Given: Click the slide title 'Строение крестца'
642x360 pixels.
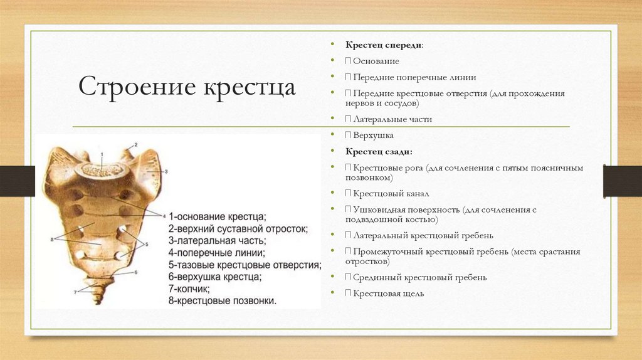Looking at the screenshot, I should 187,87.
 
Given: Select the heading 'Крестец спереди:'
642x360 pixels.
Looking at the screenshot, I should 384,45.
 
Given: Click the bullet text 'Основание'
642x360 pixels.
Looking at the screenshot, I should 376,61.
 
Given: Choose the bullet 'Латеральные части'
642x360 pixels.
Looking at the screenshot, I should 392,119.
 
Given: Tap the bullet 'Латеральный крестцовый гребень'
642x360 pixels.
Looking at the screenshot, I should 423,236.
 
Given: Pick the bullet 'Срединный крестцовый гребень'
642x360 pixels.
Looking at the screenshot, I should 419,277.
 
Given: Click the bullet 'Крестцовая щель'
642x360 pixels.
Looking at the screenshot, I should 388,294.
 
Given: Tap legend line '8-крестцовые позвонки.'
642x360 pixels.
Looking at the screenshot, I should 223,301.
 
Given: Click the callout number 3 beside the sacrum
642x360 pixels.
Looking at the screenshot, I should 166,171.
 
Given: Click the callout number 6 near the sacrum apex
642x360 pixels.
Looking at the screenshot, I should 135,273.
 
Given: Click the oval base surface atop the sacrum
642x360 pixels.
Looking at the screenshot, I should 102,167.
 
